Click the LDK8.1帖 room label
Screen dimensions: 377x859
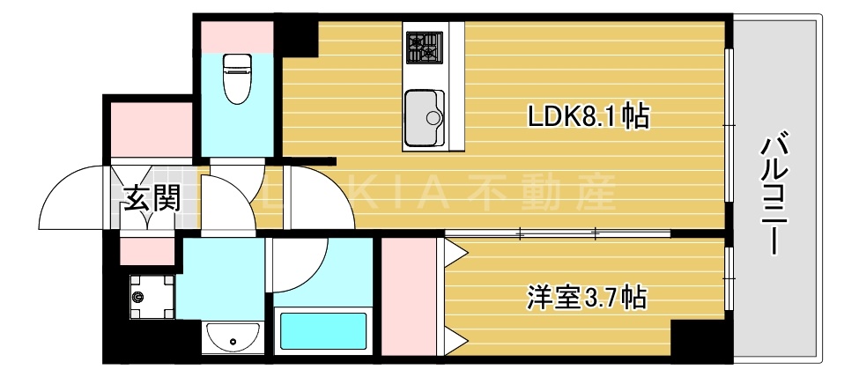click(588, 115)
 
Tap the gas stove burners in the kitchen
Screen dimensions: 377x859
click(423, 46)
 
